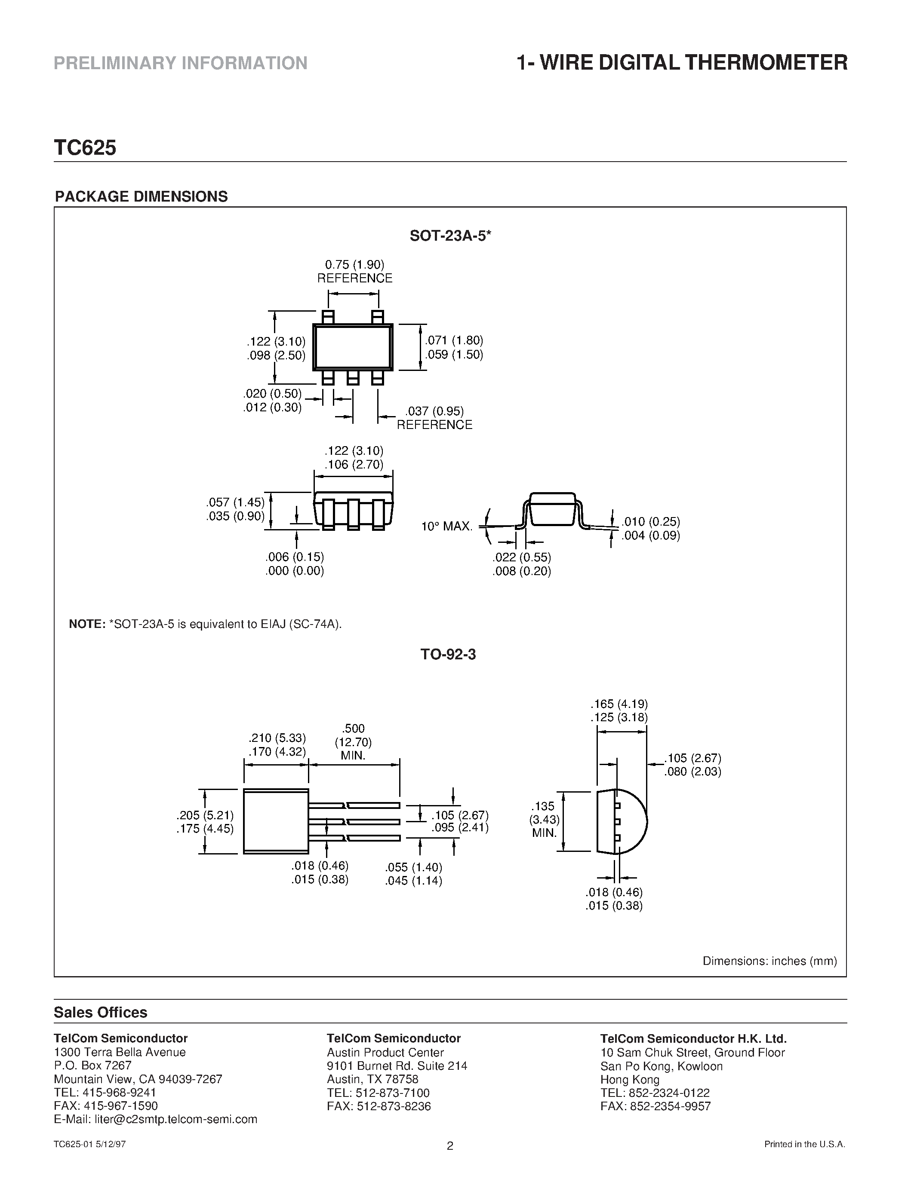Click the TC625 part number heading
pyautogui.click(x=85, y=148)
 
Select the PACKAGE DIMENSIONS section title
pyautogui.click(x=142, y=196)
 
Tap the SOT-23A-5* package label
pyautogui.click(x=450, y=236)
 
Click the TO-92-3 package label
pyautogui.click(x=448, y=655)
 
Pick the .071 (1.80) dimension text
pyautogui.click(x=454, y=340)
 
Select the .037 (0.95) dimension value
pyautogui.click(x=435, y=411)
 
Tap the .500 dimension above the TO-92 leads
pyautogui.click(x=354, y=729)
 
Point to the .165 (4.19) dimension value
pyautogui.click(x=619, y=704)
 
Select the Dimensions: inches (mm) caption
pyautogui.click(x=769, y=961)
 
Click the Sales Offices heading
pyautogui.click(x=101, y=1013)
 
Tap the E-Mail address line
pyautogui.click(x=155, y=1119)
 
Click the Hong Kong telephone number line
pyautogui.click(x=655, y=1093)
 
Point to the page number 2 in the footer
pyautogui.click(x=450, y=1161)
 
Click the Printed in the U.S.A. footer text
pyautogui.click(x=805, y=1159)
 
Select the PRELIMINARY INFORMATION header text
pyautogui.click(x=181, y=63)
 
